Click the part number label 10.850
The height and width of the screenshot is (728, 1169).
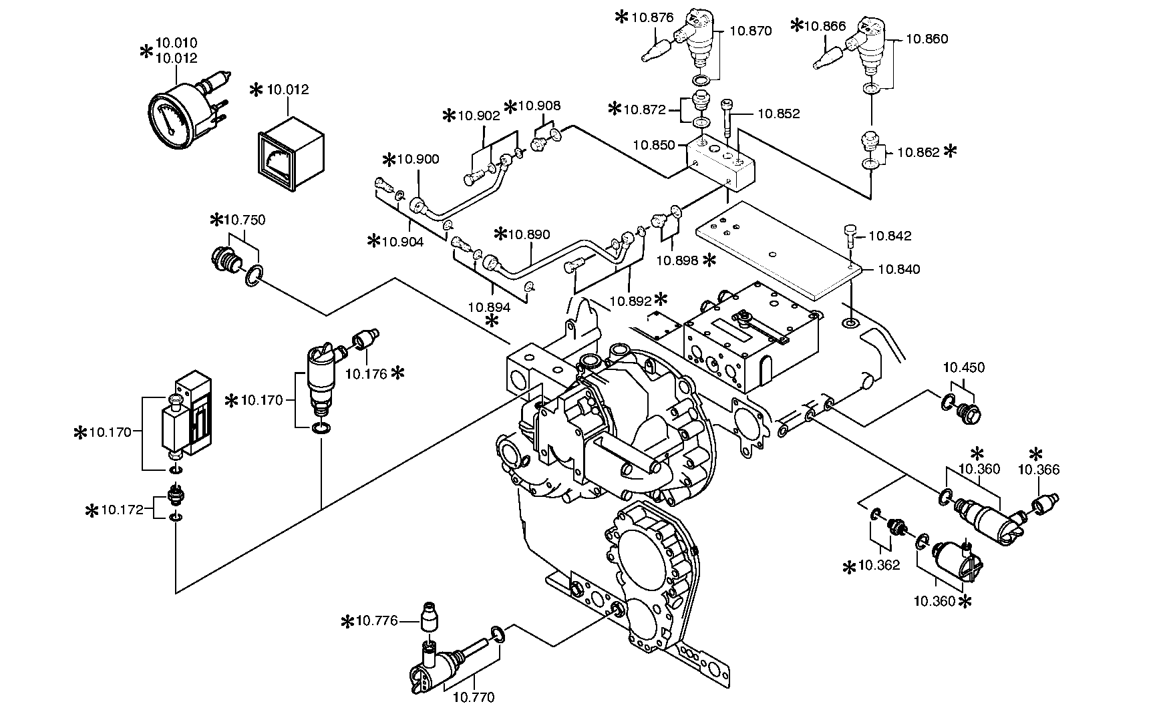[x=654, y=144]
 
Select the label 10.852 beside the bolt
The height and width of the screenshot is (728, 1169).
[x=778, y=114]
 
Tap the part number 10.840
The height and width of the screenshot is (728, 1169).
[x=898, y=269]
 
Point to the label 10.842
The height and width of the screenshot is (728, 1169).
[x=890, y=236]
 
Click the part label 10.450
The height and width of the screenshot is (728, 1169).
[x=963, y=367]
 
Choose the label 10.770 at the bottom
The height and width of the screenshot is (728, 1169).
[x=473, y=698]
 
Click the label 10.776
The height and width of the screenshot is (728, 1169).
[x=377, y=622]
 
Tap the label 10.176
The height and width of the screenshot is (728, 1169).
[x=366, y=373]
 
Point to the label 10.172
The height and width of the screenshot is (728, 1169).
[x=122, y=510]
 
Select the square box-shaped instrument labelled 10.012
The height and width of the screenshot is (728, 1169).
[x=289, y=152]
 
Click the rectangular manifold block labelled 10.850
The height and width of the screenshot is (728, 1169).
[x=721, y=161]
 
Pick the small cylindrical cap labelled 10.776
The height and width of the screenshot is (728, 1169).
[x=430, y=616]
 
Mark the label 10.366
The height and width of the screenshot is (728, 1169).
[x=1038, y=470]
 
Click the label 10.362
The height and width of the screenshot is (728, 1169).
[x=878, y=566]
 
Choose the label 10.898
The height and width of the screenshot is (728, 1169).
[x=677, y=260]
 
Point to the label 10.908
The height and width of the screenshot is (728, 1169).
[x=539, y=106]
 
